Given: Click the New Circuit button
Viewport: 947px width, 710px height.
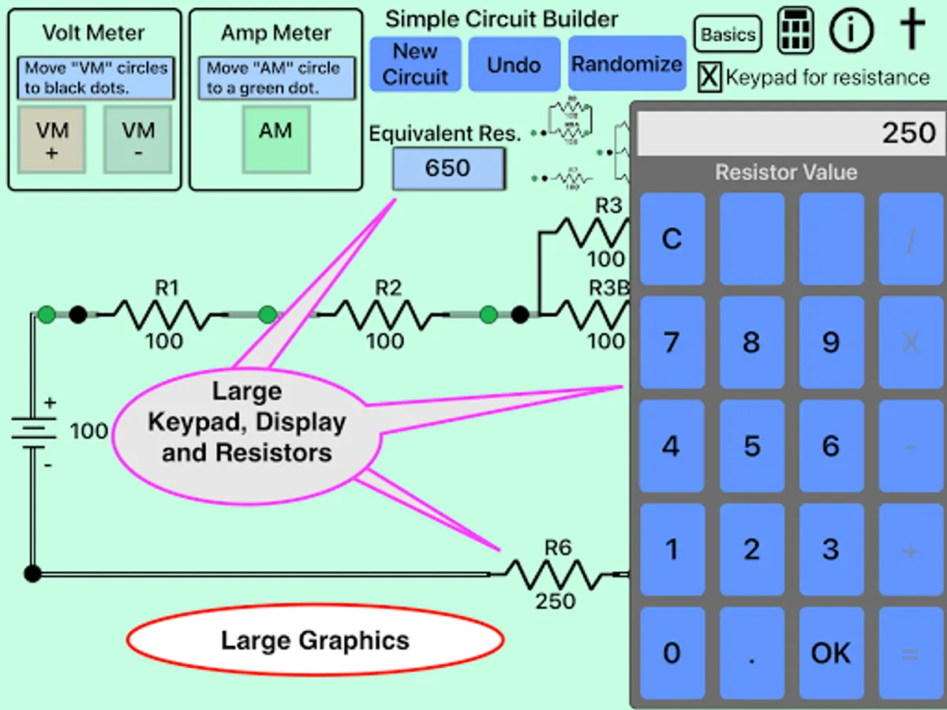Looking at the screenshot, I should (x=415, y=64).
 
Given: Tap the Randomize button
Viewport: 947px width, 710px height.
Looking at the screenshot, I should (x=627, y=64).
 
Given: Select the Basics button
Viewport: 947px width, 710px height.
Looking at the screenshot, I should (x=728, y=35).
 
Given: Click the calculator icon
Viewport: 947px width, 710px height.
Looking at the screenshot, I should (x=795, y=32).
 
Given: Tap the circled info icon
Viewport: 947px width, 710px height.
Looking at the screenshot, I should (x=852, y=32).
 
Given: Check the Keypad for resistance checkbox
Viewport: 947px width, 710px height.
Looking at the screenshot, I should (x=710, y=77).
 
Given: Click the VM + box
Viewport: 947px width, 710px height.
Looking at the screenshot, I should (x=52, y=140).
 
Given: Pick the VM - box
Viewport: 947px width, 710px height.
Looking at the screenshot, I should (x=137, y=140).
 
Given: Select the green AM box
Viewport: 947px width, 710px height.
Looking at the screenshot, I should (x=275, y=140).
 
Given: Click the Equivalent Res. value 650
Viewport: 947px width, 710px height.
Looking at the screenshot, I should (x=447, y=168).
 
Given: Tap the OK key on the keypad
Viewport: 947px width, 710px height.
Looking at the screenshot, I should (x=831, y=653).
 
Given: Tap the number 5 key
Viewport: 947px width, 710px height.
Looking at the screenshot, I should (x=751, y=447).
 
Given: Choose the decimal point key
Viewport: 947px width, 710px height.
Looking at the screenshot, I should (x=751, y=653).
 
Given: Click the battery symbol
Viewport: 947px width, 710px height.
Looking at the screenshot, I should (x=33, y=432).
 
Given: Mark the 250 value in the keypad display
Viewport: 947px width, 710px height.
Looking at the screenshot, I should (x=908, y=133).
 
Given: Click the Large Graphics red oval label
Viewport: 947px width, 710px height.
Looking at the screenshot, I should (x=315, y=641).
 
